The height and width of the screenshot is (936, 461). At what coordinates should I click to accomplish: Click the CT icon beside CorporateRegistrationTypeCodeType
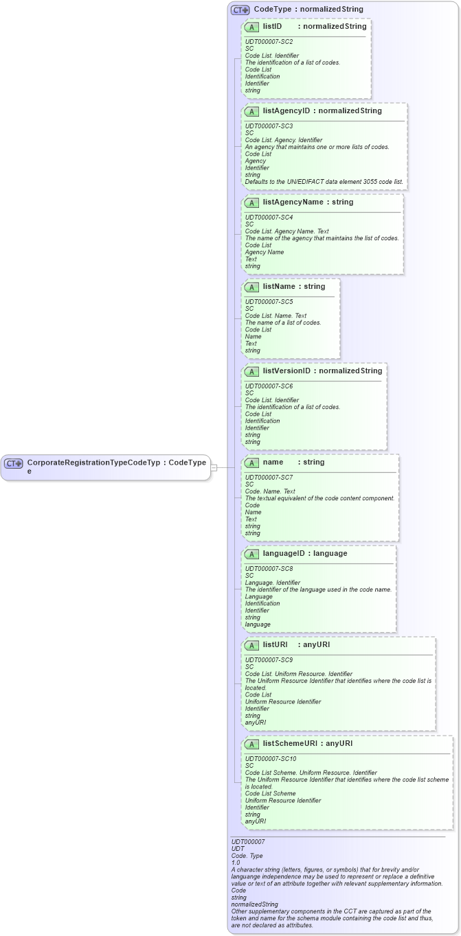tap(14, 463)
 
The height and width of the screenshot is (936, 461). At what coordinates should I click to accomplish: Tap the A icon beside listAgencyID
tap(252, 111)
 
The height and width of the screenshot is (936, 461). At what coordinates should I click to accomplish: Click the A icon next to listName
tap(252, 287)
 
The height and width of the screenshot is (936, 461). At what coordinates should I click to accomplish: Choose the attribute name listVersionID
tap(286, 371)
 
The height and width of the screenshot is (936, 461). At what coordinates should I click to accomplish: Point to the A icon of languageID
tap(252, 554)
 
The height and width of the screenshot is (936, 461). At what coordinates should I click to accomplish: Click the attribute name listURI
tap(276, 645)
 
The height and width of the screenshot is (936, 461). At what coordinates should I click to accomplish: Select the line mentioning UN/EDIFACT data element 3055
tap(324, 182)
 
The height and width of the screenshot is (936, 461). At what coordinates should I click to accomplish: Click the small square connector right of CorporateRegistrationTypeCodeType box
tap(214, 467)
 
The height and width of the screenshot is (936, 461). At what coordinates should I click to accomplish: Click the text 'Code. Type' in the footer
tap(247, 856)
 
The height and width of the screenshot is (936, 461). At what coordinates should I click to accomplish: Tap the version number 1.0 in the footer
tap(236, 863)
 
